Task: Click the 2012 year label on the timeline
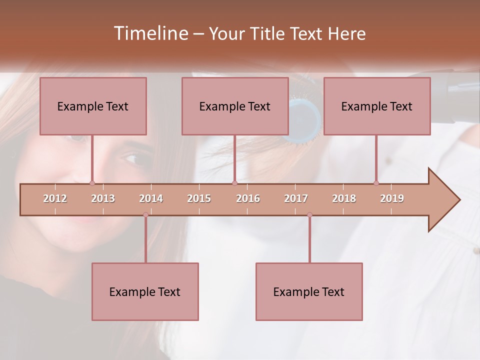[55, 198]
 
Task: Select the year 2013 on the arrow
[103, 198]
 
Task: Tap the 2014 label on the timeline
[151, 198]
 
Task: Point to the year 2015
[199, 198]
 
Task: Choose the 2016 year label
[248, 198]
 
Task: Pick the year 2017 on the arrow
[296, 198]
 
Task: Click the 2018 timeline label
[344, 198]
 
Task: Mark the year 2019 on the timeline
[392, 198]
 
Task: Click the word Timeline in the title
[150, 33]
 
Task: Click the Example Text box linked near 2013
[93, 106]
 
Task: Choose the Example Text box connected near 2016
[235, 106]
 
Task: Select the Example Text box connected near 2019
[377, 106]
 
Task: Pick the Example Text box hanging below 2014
[145, 291]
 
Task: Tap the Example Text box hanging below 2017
[309, 291]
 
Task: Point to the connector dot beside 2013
[92, 183]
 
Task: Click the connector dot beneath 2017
[309, 215]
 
